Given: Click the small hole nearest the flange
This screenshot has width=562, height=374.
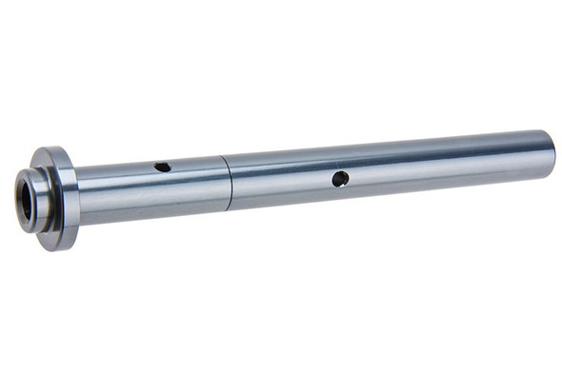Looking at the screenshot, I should pyautogui.click(x=163, y=167).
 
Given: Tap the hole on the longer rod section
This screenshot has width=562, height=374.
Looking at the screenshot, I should pyautogui.click(x=340, y=178).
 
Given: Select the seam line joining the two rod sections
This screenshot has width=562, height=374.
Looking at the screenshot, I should pyautogui.click(x=228, y=181).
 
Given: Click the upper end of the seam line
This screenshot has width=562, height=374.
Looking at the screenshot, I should pyautogui.click(x=223, y=155).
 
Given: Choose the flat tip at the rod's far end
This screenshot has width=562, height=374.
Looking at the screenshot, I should pyautogui.click(x=551, y=155).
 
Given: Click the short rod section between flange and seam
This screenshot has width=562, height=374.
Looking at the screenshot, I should pyautogui.click(x=152, y=190).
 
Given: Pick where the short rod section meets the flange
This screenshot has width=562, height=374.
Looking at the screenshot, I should pyautogui.click(x=78, y=196).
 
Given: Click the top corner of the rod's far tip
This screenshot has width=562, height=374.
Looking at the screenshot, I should pyautogui.click(x=546, y=131).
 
